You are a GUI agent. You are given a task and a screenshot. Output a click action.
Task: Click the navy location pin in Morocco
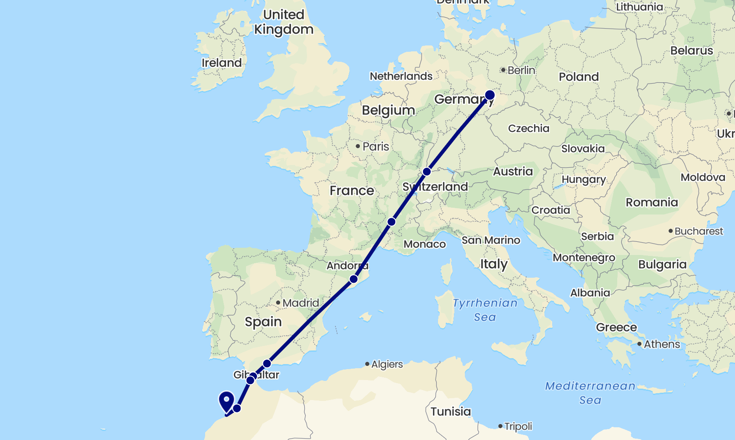click(x=227, y=401)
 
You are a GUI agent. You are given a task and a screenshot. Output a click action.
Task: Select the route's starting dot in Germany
click(x=490, y=95)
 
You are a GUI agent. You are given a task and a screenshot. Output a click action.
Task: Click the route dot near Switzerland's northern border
click(x=427, y=172)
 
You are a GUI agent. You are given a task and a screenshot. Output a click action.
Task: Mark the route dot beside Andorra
click(x=353, y=279)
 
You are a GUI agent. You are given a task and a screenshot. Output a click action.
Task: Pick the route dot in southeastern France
click(x=391, y=222)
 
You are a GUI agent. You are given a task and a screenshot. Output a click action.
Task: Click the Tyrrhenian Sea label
click(x=485, y=310)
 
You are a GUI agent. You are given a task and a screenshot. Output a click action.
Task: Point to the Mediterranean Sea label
click(x=590, y=393)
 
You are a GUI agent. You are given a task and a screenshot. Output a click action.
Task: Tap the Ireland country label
click(x=222, y=63)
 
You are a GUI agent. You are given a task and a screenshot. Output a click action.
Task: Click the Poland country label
click(x=579, y=77)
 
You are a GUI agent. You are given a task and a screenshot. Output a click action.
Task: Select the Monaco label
click(x=424, y=245)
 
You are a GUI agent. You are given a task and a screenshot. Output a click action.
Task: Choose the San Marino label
click(x=491, y=240)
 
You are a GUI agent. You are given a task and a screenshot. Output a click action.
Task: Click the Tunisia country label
click(x=450, y=412)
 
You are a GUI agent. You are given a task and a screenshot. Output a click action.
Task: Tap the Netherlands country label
click(x=401, y=76)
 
